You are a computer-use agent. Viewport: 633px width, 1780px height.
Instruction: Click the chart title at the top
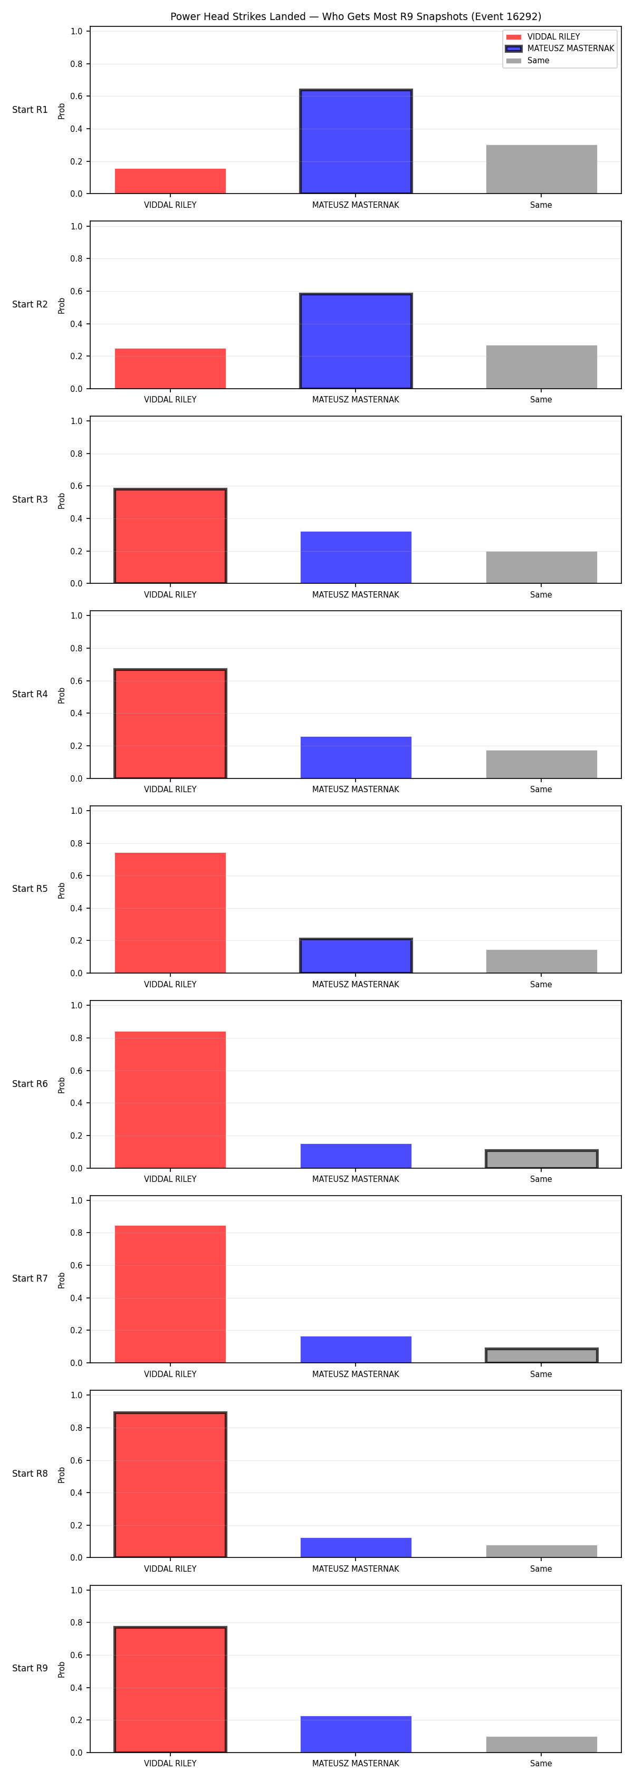pos(356,16)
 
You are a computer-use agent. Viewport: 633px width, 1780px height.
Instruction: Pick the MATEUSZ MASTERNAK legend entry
pos(560,49)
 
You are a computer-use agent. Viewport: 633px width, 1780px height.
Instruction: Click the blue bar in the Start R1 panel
pos(356,142)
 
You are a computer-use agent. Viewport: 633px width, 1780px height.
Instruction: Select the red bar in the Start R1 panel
pos(170,181)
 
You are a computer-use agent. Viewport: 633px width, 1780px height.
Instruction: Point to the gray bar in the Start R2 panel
pos(541,367)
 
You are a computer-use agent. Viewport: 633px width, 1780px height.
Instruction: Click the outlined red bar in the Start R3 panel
pos(170,536)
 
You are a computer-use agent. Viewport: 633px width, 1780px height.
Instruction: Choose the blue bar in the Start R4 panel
pos(356,757)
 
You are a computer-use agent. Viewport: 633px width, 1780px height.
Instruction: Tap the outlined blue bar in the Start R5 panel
pos(356,956)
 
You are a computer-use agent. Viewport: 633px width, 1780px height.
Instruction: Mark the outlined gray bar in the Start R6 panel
pos(541,1159)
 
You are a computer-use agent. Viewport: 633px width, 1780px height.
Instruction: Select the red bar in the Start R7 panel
pos(170,1294)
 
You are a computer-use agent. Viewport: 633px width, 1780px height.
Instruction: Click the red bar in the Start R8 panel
pos(170,1485)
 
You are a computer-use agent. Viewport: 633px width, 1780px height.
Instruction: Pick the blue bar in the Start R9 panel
pos(356,1735)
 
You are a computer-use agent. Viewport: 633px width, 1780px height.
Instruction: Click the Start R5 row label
pos(30,889)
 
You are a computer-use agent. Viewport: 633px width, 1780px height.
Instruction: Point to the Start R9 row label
pos(30,1668)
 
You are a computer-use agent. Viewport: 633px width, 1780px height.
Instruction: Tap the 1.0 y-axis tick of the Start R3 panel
pos(76,421)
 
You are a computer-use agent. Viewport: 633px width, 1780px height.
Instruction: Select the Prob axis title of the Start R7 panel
pos(62,1279)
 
